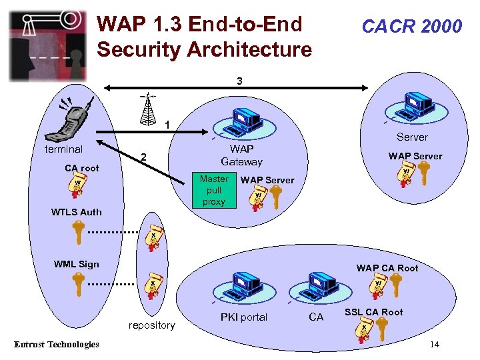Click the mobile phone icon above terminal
coord(75,119)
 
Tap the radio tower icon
coord(149,108)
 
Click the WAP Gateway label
coord(241,155)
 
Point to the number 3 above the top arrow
coord(240,81)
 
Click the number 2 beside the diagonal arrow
coord(143,158)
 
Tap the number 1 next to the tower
coord(167,124)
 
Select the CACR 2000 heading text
coord(411,26)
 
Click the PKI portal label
coord(244,317)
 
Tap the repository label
coord(152,325)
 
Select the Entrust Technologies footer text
coord(57,344)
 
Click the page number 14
coord(434,344)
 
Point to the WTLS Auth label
coord(77,212)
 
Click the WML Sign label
coord(76,264)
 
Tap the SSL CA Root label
coord(373,312)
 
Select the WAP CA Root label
coord(387,268)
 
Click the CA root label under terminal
coord(81,168)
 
